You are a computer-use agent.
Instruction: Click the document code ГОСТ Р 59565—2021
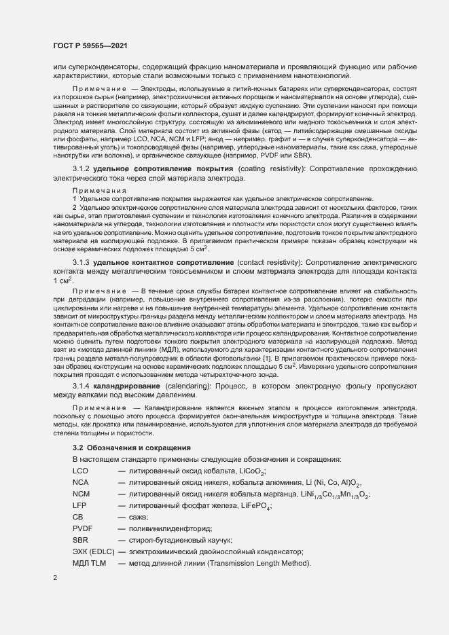click(x=89, y=46)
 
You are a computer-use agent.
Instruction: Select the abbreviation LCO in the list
click(x=80, y=471)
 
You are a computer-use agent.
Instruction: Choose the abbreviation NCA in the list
click(x=80, y=483)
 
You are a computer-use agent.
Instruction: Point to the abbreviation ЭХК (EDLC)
click(x=92, y=552)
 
